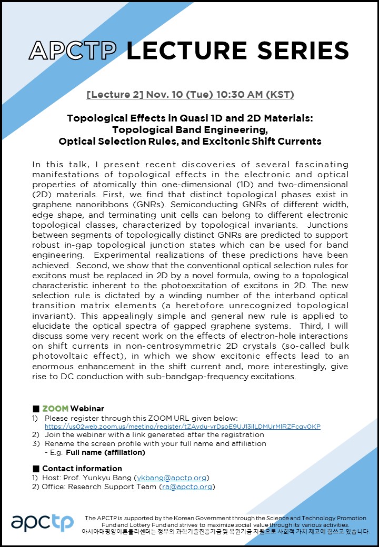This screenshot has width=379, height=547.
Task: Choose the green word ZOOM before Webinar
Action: pyautogui.click(x=55, y=409)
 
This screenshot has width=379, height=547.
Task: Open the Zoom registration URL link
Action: pyautogui.click(x=182, y=426)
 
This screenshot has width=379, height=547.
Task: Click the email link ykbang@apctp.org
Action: pyautogui.click(x=172, y=478)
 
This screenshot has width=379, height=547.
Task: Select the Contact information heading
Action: pyautogui.click(x=82, y=468)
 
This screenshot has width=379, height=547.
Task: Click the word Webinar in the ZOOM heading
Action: pyautogui.click(x=87, y=409)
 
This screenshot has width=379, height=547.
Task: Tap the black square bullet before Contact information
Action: pyautogui.click(x=36, y=468)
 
